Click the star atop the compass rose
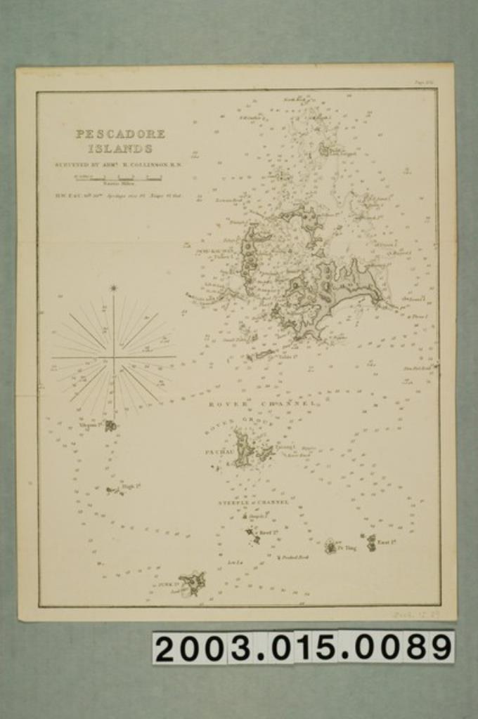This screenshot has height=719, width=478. click(x=113, y=288)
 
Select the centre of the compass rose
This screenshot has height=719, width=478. click(x=113, y=357)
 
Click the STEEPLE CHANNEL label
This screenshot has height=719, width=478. click(x=253, y=503)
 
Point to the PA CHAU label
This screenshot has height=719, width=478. click(x=218, y=452)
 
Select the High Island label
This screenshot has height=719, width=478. click(x=131, y=485)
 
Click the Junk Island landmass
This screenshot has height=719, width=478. click(x=191, y=582)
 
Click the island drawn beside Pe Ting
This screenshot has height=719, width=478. click(x=330, y=546)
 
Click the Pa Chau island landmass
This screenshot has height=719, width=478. click(x=244, y=449)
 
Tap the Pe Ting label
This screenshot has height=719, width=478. click(x=347, y=548)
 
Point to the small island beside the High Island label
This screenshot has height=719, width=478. click(x=112, y=490)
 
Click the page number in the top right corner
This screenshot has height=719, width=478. click(x=424, y=82)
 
